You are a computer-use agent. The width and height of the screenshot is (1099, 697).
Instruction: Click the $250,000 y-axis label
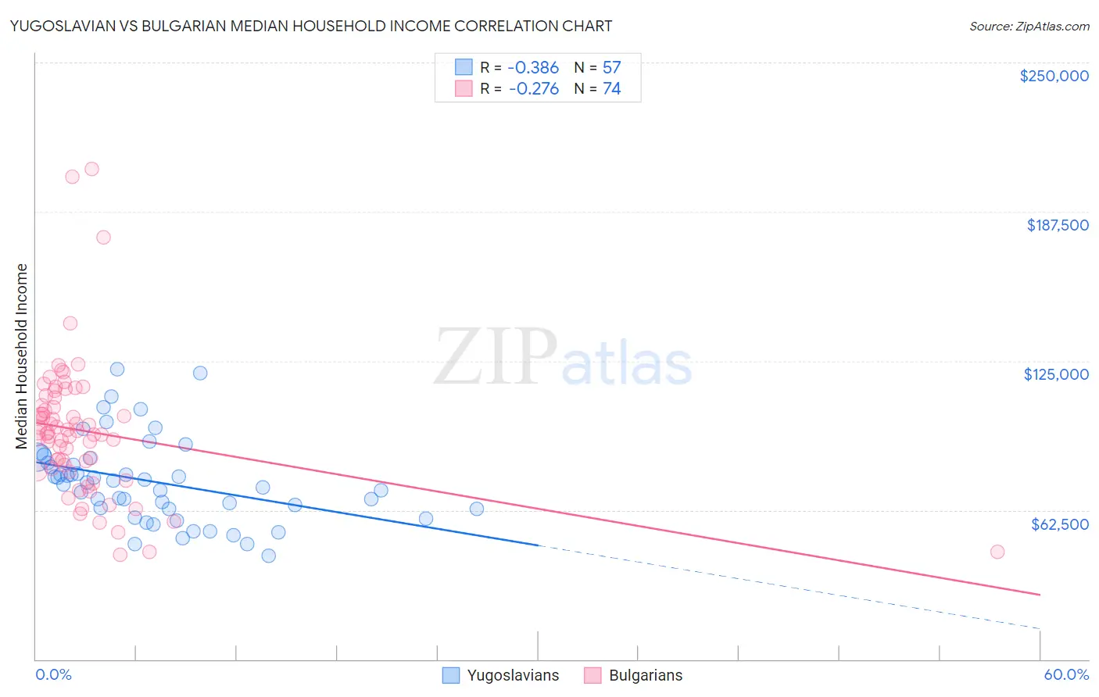[1054, 76]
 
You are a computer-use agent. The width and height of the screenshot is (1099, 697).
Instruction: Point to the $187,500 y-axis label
[1058, 225]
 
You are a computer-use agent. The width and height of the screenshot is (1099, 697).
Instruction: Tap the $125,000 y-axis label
[1056, 374]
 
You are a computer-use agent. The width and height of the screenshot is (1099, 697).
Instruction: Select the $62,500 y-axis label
[1060, 524]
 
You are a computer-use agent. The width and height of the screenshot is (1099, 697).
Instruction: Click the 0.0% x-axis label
[53, 675]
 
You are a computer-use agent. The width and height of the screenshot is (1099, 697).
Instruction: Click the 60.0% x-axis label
[1066, 675]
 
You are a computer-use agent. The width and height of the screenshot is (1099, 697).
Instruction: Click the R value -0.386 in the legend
[534, 68]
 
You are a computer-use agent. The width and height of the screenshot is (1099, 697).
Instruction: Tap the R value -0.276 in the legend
[534, 89]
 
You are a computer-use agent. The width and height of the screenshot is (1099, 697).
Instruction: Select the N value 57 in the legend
[611, 68]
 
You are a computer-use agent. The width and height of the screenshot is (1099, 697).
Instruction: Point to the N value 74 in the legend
[611, 89]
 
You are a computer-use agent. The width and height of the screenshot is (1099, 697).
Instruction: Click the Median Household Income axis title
[22, 356]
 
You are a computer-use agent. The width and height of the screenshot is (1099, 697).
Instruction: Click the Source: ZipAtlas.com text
[1029, 27]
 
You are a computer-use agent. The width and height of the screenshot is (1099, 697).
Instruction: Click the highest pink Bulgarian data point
[91, 169]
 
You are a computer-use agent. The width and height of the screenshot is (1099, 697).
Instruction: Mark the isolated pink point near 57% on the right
[997, 552]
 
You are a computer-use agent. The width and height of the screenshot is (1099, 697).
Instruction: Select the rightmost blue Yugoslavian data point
[477, 509]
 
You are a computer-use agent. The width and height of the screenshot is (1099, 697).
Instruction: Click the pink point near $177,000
[103, 238]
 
